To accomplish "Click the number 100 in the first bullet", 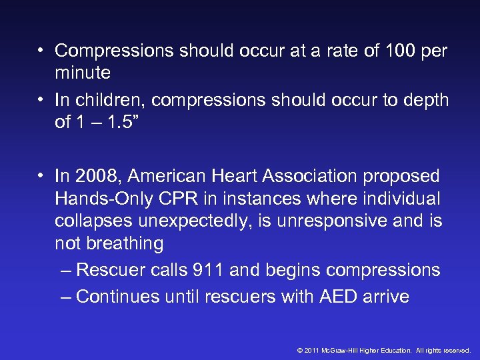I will tap(398, 50).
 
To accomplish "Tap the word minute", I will tap(83, 71).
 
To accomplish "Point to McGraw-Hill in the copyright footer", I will tap(339, 350).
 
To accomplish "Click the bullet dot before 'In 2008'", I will tap(41, 176).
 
